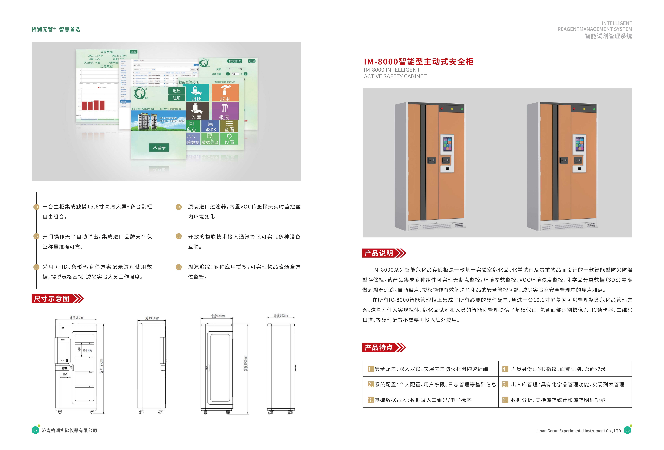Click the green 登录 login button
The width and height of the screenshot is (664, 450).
(159, 148)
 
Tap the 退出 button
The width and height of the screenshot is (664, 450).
(177, 91)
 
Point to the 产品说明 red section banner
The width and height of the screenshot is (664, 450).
(379, 253)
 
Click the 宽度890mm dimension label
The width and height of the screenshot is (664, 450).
(76, 317)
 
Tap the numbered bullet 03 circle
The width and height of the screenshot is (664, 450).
(36, 267)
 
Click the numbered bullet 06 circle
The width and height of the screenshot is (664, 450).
(179, 267)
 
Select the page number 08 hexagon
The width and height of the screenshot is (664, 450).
(627, 430)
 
